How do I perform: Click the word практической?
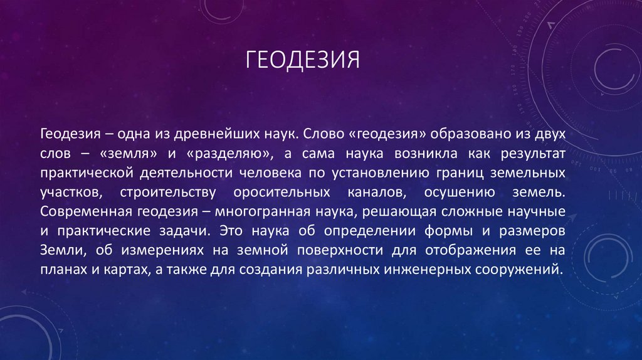pyautogui.click(x=81, y=172)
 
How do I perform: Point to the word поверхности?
pyautogui.click(x=347, y=250)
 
